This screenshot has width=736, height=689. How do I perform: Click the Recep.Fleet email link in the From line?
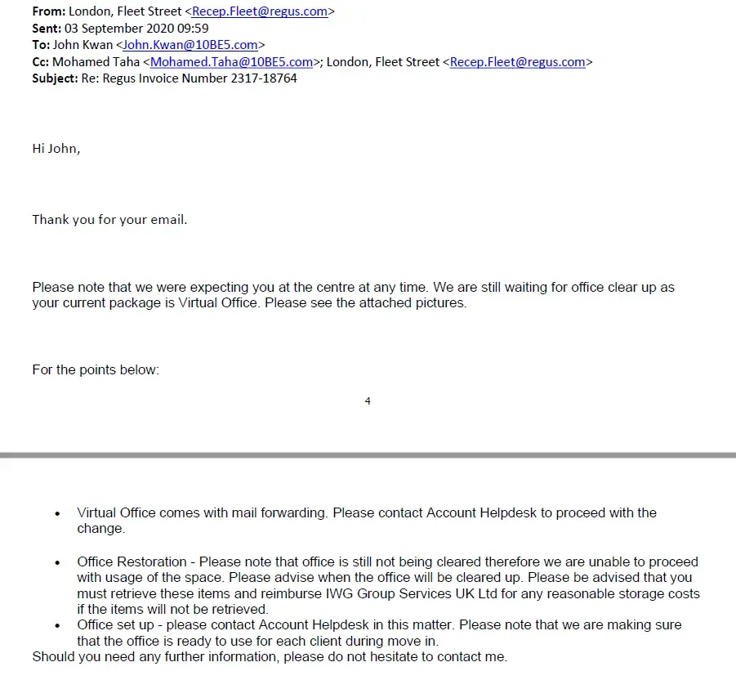pyautogui.click(x=260, y=12)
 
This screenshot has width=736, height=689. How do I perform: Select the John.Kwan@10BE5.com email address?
pyautogui.click(x=190, y=46)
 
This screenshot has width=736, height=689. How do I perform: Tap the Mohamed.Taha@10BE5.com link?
pyautogui.click(x=232, y=62)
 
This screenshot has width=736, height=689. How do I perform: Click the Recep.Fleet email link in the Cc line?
pyautogui.click(x=518, y=62)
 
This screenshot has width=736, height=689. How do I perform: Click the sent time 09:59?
pyautogui.click(x=193, y=29)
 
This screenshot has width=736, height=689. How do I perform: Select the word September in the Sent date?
pyautogui.click(x=115, y=29)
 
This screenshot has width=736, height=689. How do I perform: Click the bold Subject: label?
pyautogui.click(x=55, y=78)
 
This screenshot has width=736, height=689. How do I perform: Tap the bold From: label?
pyautogui.click(x=49, y=12)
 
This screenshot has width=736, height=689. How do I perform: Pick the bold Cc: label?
pyautogui.click(x=41, y=62)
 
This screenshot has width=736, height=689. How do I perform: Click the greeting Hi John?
pyautogui.click(x=56, y=149)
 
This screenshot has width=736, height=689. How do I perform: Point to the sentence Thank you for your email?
pyautogui.click(x=109, y=220)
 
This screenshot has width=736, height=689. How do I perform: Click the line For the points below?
pyautogui.click(x=96, y=369)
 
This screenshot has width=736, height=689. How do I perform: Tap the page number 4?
pyautogui.click(x=368, y=401)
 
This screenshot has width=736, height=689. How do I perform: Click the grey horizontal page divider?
pyautogui.click(x=368, y=455)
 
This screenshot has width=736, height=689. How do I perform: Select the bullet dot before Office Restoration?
pyautogui.click(x=57, y=563)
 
